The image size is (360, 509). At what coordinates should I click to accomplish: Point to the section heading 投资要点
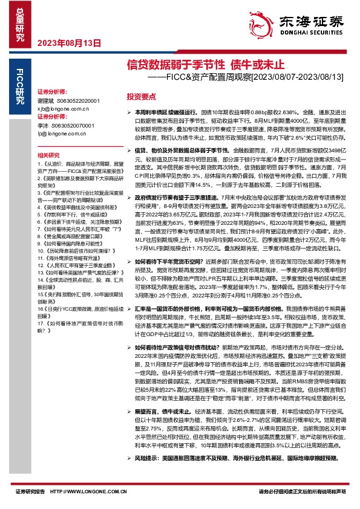click(141, 97)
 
